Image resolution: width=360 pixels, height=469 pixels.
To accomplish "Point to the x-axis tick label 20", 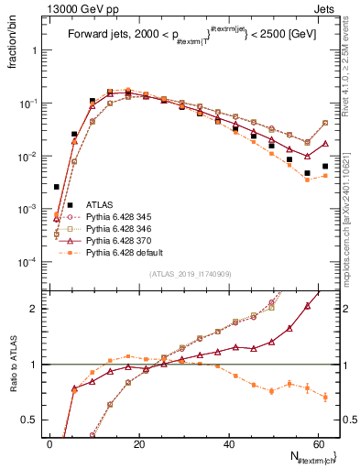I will (x=138, y=443).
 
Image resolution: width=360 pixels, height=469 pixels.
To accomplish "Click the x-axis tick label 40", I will (x=228, y=443).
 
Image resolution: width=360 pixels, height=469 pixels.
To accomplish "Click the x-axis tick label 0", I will (x=49, y=443).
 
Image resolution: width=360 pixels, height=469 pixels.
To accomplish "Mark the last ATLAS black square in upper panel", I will (x=325, y=167).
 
